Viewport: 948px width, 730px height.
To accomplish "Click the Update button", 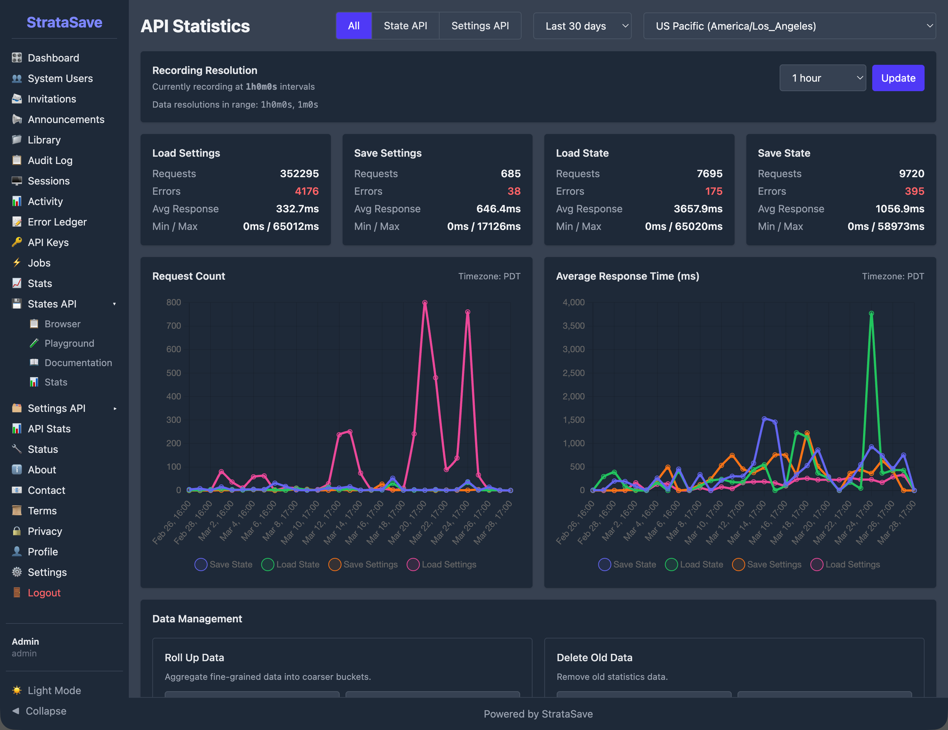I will coord(897,78).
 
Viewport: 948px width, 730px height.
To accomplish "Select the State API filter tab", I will coord(405,26).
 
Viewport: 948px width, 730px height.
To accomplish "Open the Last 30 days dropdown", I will coord(582,26).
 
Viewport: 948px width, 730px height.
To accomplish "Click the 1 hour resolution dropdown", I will coord(822,78).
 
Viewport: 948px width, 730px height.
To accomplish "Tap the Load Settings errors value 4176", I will coord(306,191).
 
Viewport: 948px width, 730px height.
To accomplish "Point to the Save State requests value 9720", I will coord(911,174).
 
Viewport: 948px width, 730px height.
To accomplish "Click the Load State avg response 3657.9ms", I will coord(698,209).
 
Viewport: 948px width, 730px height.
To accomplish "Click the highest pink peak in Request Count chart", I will coord(425,303).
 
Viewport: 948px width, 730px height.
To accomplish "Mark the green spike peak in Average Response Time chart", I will coord(871,313).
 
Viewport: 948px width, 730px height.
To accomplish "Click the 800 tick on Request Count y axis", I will coord(173,302).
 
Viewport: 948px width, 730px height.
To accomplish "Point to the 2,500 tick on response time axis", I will coord(574,373).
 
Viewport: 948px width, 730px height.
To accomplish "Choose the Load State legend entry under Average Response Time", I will coord(694,565).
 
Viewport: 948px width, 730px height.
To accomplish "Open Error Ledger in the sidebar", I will coord(57,222).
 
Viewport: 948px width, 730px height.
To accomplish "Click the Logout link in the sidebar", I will coord(44,593).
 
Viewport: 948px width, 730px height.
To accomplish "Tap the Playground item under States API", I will coord(69,343).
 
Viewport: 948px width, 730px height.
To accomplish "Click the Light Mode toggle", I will coord(54,690).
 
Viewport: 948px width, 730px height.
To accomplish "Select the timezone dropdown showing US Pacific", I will coord(789,26).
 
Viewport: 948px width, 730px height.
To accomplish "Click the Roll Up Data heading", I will coord(194,658).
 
